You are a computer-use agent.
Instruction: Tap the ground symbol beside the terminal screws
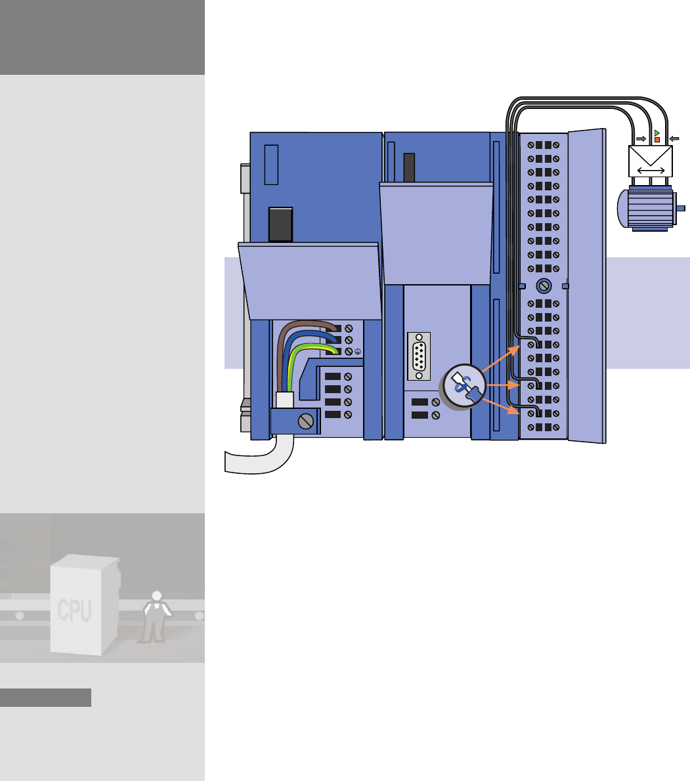pos(358,351)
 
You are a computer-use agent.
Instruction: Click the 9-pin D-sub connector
pos(419,356)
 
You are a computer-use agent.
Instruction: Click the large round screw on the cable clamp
pos(305,421)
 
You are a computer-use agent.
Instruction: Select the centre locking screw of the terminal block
pos(543,286)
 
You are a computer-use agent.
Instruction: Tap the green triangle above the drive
pos(657,133)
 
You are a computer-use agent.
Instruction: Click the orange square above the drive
pos(657,140)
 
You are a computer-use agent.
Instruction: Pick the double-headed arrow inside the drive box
pos(650,170)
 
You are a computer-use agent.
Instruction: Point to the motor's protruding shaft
pos(681,209)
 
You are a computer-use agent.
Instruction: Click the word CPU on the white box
pos(74,611)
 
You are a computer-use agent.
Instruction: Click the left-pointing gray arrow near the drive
pos(673,138)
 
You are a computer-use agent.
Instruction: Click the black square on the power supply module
pos(280,224)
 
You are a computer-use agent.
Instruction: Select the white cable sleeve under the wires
pos(284,400)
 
